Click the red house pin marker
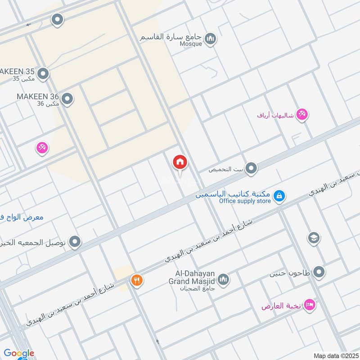click(180, 162)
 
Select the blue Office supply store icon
click(279, 196)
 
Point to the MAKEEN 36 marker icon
click(67, 99)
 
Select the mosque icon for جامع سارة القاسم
click(210, 39)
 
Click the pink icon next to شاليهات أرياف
click(302, 115)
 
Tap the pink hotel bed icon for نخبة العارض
click(310, 306)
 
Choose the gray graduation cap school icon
click(314, 238)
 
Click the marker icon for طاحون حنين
click(319, 272)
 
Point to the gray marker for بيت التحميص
click(252, 169)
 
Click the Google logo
click(19, 353)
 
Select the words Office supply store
click(245, 201)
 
